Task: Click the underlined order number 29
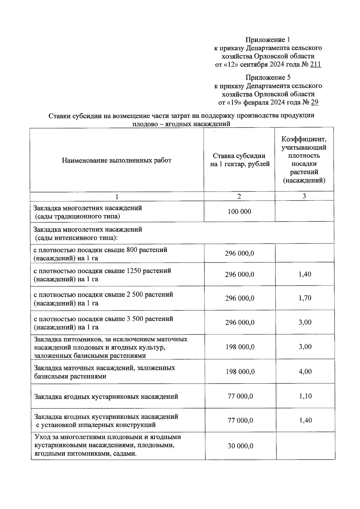(315, 103)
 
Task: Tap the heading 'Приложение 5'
(268, 78)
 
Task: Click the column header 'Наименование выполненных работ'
(117, 160)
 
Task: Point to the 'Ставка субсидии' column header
(239, 156)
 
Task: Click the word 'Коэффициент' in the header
(304, 139)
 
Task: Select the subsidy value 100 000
(239, 212)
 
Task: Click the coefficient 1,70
(305, 298)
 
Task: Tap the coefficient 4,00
(305, 372)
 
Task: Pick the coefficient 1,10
(305, 396)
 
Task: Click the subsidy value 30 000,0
(240, 446)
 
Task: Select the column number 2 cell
(239, 196)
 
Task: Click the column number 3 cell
(304, 196)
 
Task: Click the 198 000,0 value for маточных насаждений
(240, 372)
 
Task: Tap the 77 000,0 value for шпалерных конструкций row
(240, 421)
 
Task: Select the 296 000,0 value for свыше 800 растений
(239, 253)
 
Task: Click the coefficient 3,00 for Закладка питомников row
(305, 347)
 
